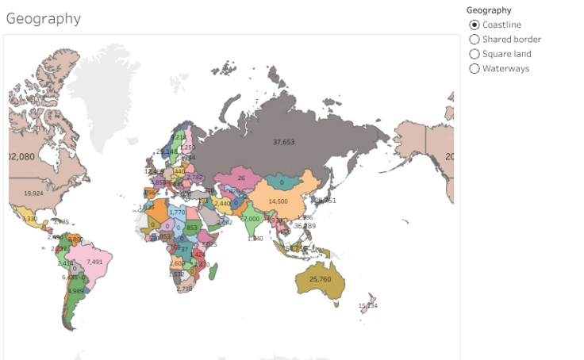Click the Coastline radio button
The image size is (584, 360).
tap(474, 25)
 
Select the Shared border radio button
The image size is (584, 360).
tap(474, 39)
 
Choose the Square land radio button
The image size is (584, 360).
tap(474, 54)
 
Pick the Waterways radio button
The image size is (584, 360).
tap(474, 68)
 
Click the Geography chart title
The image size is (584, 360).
tap(44, 18)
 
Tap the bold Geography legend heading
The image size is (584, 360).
tap(489, 10)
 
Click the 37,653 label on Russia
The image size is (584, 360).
tap(283, 142)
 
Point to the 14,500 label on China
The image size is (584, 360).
tap(278, 201)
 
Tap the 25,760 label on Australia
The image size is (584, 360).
tap(320, 279)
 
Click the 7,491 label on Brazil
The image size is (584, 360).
tap(94, 262)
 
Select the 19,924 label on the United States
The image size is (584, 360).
tap(33, 193)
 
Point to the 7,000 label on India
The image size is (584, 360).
tap(251, 219)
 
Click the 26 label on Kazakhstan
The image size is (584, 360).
tap(241, 178)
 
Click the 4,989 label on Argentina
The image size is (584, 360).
tap(76, 291)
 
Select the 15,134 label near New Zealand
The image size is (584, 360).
tap(367, 305)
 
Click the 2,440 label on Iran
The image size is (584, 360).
tap(222, 204)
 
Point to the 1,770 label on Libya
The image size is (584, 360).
tap(177, 212)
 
